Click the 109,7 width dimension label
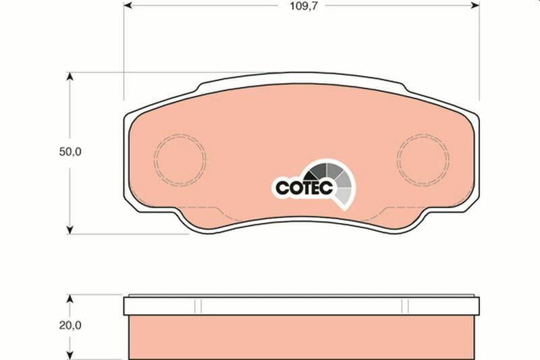(x=302, y=6)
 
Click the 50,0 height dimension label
(x=70, y=151)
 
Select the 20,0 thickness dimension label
(x=70, y=325)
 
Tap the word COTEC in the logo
(x=304, y=188)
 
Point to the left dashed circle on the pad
(x=154, y=159)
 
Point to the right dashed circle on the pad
(x=397, y=159)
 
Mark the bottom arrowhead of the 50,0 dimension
(x=70, y=230)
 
